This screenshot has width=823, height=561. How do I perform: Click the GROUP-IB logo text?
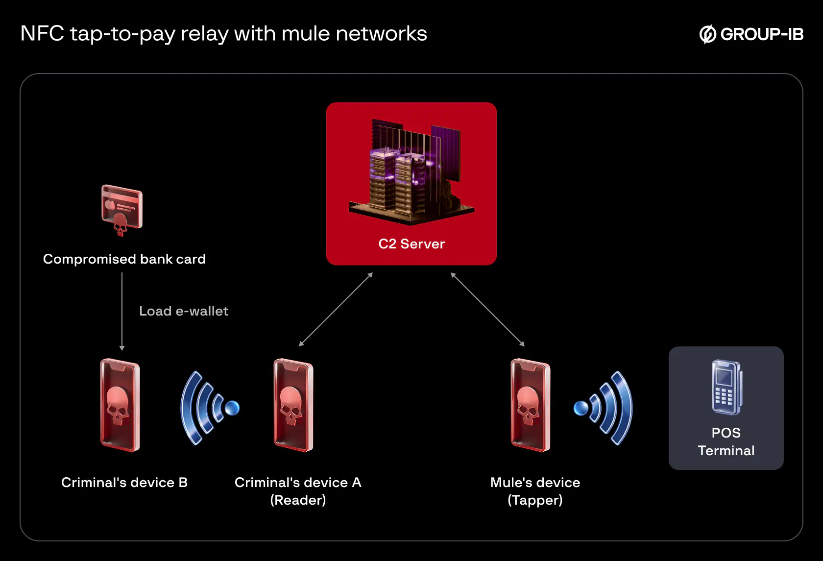tap(761, 34)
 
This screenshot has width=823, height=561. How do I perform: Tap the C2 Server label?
tap(411, 244)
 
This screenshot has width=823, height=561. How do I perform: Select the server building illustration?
tap(411, 171)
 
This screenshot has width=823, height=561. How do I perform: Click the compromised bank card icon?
tap(121, 209)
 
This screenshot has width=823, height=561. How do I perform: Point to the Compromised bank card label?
tap(124, 259)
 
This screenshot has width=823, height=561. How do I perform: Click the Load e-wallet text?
tap(184, 311)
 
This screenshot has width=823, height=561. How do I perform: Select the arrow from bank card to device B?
tap(122, 311)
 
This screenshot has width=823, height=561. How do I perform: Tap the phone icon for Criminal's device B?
tap(120, 405)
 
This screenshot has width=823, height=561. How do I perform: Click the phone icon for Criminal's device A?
tap(293, 405)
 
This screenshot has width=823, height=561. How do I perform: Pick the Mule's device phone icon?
tap(531, 405)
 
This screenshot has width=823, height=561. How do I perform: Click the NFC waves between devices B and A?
tap(208, 408)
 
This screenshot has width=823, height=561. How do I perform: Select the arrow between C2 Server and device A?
tap(336, 309)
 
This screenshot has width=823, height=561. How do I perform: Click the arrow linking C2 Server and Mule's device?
tap(487, 309)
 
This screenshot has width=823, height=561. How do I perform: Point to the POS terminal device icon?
tap(726, 387)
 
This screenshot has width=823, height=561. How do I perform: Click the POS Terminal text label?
tap(726, 441)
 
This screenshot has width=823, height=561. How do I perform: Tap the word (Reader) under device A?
tap(298, 500)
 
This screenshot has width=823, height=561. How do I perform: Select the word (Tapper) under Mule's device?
tap(535, 500)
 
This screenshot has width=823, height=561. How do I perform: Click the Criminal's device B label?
tap(124, 483)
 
